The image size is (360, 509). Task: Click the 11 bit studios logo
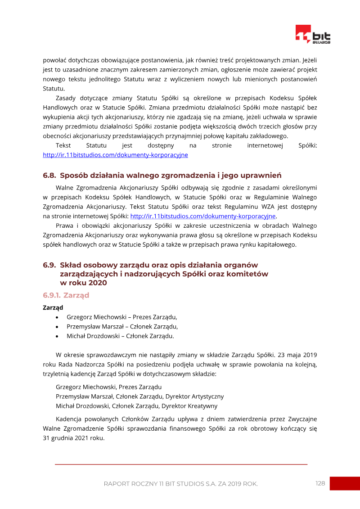point(313,35)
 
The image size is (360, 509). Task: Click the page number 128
point(320,483)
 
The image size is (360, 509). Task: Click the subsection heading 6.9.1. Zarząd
point(66,295)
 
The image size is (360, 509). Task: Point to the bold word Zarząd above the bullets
point(52,307)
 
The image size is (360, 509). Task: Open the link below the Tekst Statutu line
point(115,155)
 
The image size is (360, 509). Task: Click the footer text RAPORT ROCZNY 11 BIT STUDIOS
point(180,484)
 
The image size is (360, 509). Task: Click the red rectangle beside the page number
point(345,483)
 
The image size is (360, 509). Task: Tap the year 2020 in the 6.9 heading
point(98,283)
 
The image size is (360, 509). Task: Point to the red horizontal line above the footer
point(181,464)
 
